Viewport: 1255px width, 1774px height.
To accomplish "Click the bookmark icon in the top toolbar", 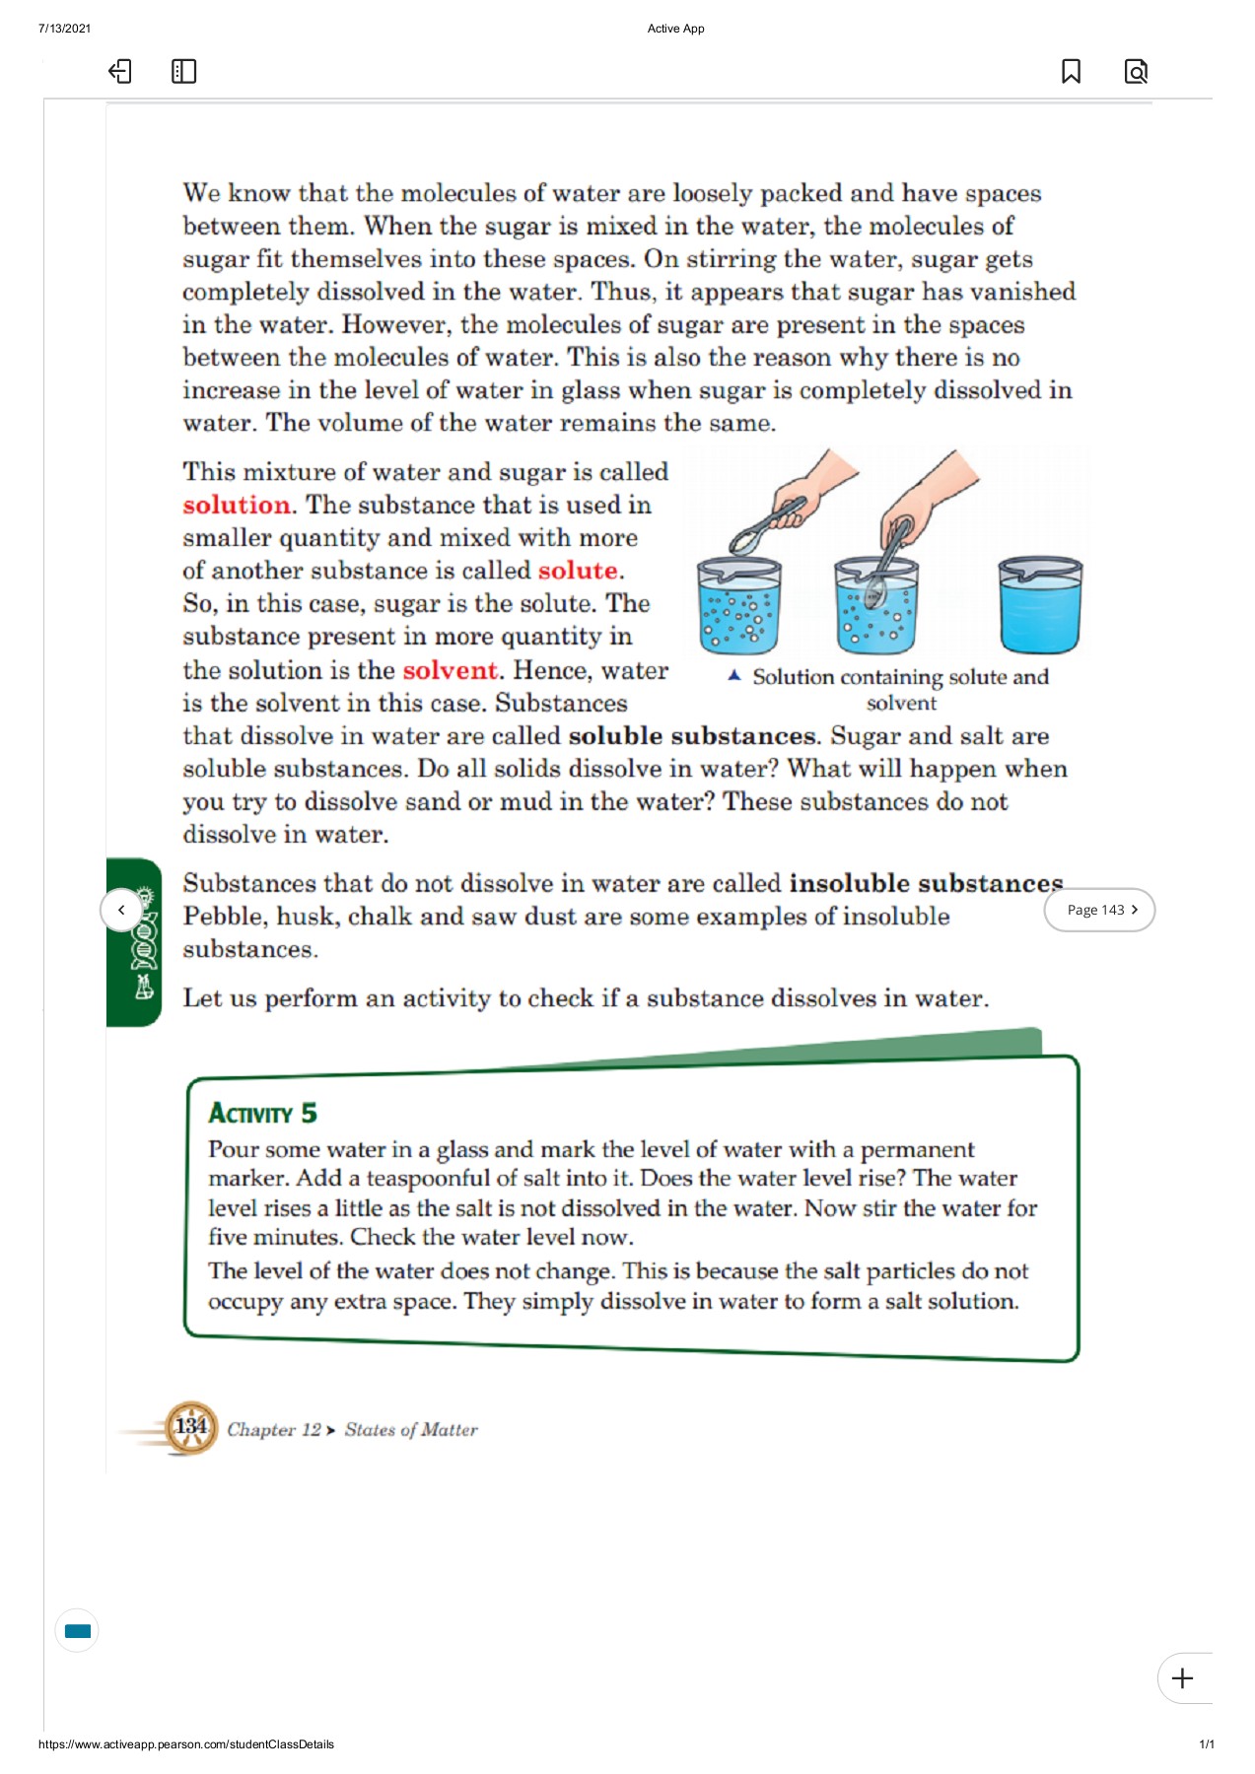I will [x=1071, y=71].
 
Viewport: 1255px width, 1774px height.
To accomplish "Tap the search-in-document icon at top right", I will [x=1136, y=71].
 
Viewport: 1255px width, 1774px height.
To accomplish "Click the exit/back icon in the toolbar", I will [x=119, y=71].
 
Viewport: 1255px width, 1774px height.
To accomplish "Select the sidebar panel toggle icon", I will [x=183, y=71].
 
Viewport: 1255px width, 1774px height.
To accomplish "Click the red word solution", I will [x=237, y=505].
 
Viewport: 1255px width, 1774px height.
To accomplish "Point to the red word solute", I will [x=578, y=571].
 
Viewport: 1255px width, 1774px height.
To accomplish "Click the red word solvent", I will [x=451, y=670].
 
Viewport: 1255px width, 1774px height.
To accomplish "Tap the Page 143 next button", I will [x=1099, y=910].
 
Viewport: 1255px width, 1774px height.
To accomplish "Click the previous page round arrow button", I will [x=121, y=910].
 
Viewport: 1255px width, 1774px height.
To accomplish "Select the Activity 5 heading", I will [x=262, y=1114].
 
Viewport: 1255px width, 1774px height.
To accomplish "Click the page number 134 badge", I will [x=190, y=1427].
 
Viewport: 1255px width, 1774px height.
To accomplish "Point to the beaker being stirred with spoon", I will [x=875, y=606].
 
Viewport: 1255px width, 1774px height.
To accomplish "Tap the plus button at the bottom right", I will [x=1183, y=1678].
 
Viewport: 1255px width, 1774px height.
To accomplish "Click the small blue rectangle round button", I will [x=77, y=1631].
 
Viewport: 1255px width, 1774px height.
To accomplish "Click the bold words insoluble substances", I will [x=925, y=883].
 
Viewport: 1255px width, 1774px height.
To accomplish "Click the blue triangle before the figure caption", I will [x=733, y=676].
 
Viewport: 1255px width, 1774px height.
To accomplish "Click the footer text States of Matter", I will [x=410, y=1430].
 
